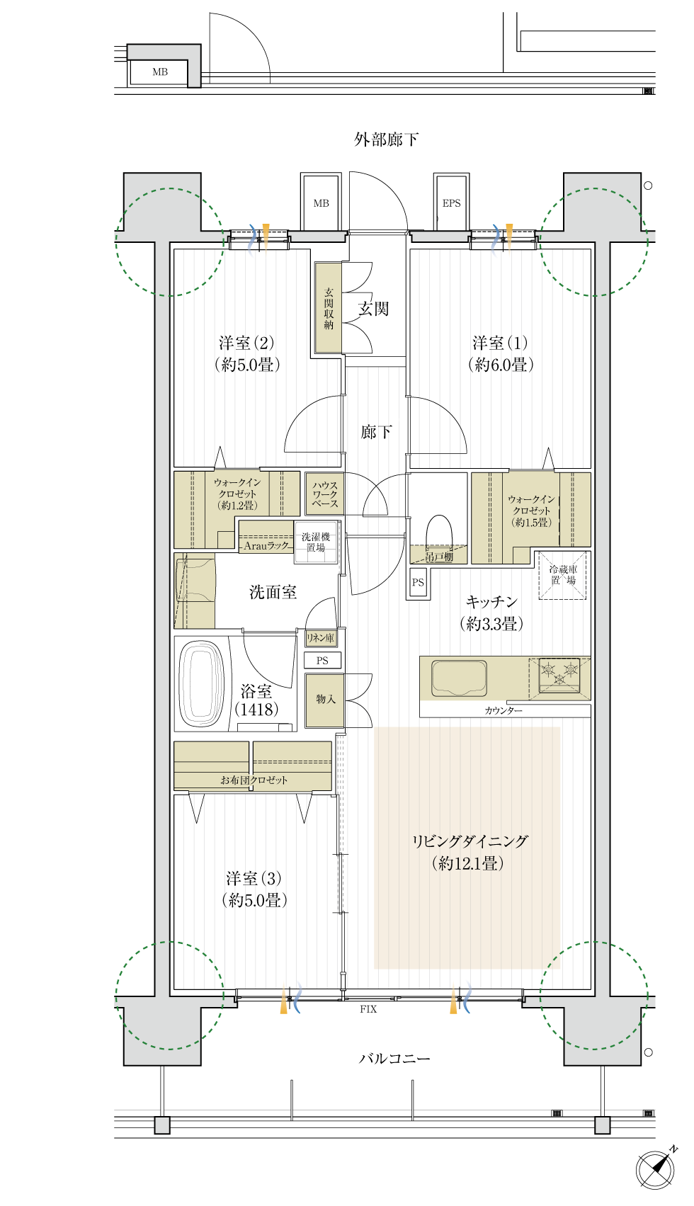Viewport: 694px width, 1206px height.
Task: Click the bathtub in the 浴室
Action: tap(201, 684)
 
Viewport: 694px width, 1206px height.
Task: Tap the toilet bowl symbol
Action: tap(439, 533)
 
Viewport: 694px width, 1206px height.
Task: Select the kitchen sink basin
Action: tap(459, 678)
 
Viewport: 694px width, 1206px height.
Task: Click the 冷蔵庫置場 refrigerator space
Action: tap(562, 575)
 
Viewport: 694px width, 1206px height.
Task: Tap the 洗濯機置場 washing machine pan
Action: tap(316, 542)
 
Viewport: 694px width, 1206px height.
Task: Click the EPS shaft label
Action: tap(451, 203)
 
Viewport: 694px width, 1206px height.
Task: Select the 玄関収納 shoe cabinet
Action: tap(329, 308)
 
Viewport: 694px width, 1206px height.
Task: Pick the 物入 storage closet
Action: tap(325, 700)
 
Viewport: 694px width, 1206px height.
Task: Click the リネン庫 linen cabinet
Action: tap(321, 638)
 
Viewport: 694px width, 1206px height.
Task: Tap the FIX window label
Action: tap(368, 1009)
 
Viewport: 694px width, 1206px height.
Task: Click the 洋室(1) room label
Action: tap(500, 343)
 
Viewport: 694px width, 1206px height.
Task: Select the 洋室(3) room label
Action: tap(254, 878)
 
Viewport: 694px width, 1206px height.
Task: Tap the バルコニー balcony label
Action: tap(394, 1059)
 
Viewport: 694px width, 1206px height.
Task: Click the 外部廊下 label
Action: tap(386, 140)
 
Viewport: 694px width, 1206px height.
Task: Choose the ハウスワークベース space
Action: tap(325, 494)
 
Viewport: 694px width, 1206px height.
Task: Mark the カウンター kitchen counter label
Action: tap(504, 711)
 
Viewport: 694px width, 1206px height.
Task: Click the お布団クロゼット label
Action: tap(254, 780)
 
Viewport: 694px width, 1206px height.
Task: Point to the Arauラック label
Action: tap(266, 546)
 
